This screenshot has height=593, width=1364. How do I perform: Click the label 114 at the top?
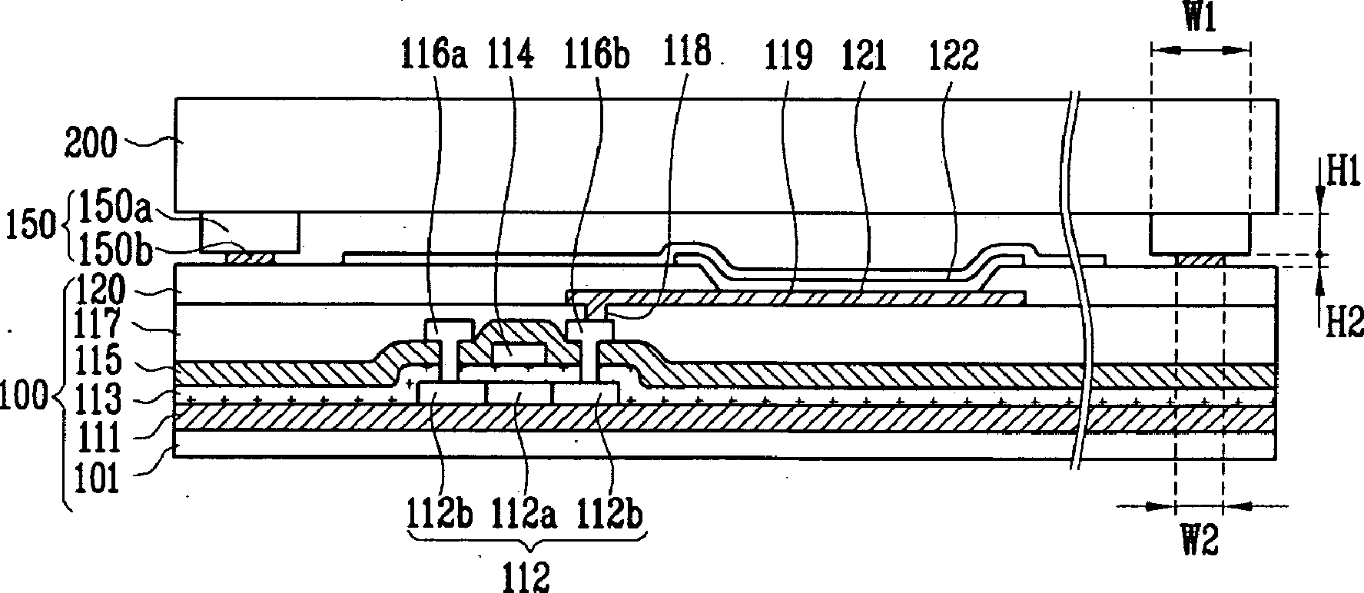click(510, 56)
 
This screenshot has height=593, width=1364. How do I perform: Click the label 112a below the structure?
click(525, 513)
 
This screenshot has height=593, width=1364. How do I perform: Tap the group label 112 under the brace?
click(528, 576)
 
